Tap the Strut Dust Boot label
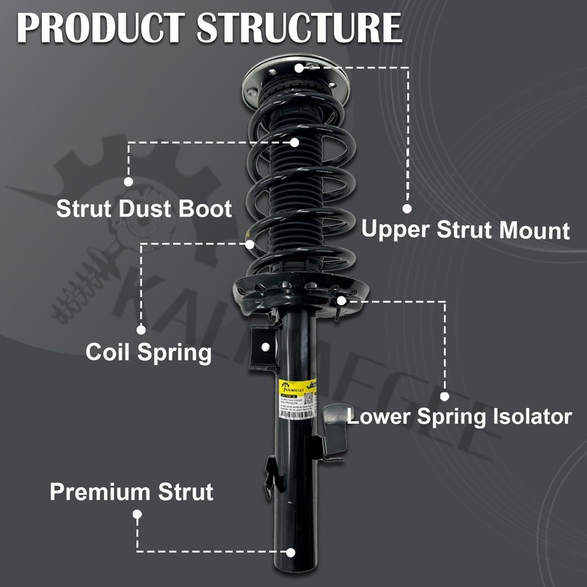144,208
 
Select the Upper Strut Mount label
465,230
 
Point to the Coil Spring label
148,352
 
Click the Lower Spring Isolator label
459,418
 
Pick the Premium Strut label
131,492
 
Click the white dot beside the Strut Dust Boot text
129,181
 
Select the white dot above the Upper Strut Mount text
407,208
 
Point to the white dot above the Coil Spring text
141,330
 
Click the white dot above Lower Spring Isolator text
445,396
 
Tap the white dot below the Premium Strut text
137,515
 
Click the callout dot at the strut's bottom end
291,551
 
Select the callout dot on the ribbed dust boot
294,142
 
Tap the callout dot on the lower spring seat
341,300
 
